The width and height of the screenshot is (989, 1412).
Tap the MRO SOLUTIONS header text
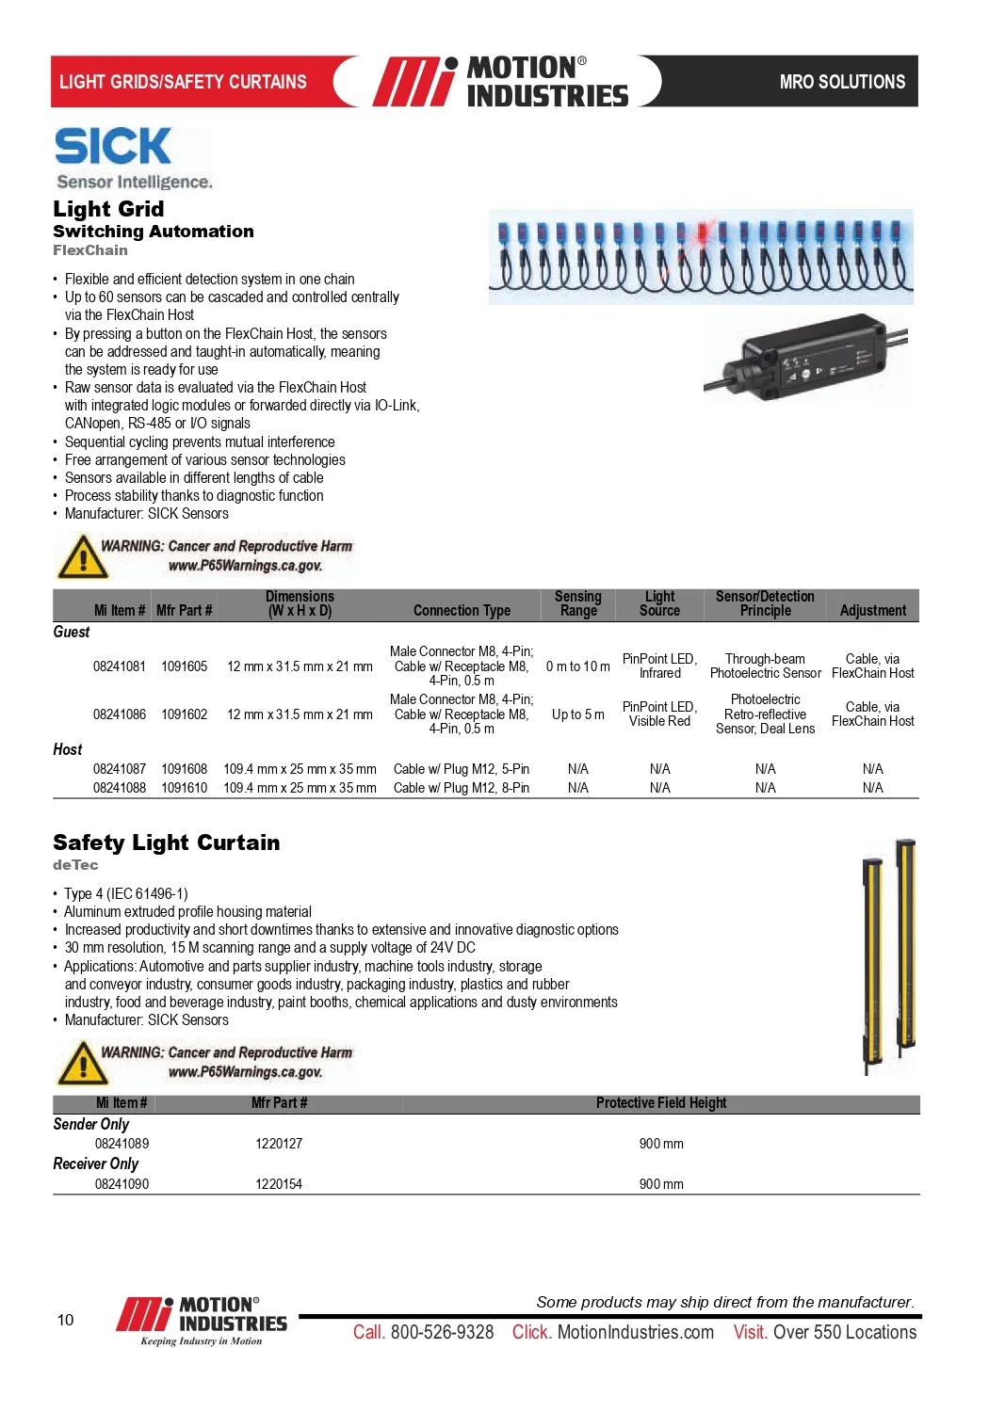tap(842, 82)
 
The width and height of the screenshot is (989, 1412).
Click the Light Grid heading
tap(108, 209)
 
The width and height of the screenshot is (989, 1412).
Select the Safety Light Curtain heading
tap(166, 842)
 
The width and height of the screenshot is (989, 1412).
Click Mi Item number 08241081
tap(120, 666)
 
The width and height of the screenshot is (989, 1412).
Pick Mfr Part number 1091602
tap(184, 714)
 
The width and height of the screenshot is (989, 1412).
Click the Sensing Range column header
tap(577, 603)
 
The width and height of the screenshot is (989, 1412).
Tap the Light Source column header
tap(659, 603)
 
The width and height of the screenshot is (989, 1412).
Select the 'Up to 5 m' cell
tap(577, 714)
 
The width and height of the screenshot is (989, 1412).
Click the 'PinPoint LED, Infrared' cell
tap(659, 666)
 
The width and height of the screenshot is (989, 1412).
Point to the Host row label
tap(68, 749)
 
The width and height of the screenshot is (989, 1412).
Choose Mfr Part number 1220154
tap(279, 1184)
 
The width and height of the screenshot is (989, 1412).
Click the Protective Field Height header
tap(661, 1103)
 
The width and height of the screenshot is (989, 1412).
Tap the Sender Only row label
tap(91, 1124)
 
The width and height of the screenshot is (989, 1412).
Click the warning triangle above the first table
tap(82, 556)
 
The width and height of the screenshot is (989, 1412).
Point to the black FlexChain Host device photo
tap(806, 361)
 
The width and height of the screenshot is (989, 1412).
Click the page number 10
tap(65, 1320)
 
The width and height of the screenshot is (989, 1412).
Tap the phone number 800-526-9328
tap(442, 1332)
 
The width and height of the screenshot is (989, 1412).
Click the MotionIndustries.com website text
tap(636, 1332)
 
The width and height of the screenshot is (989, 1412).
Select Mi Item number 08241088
tap(120, 788)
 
